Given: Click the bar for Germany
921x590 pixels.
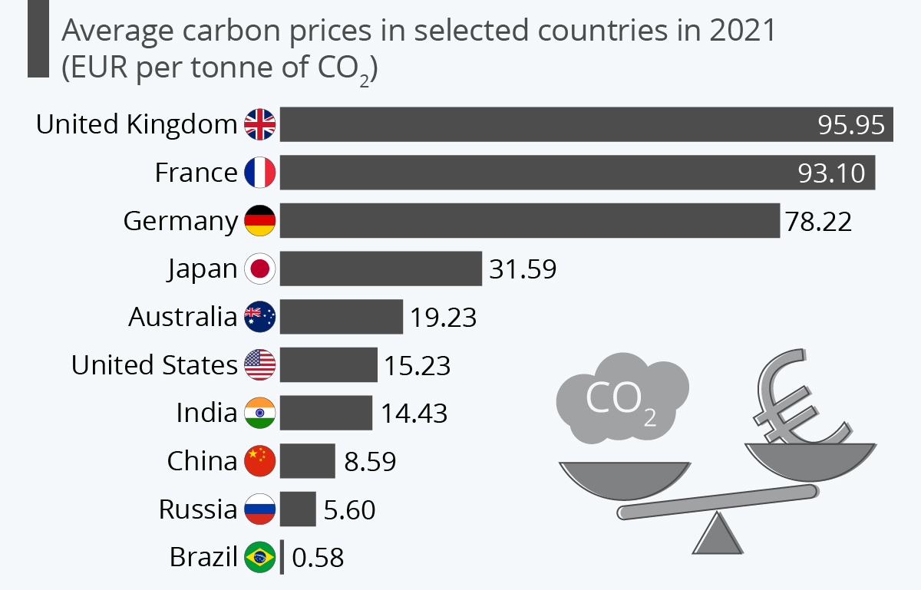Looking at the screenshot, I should pos(530,221).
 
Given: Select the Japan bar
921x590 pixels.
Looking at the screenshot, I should pos(381,269).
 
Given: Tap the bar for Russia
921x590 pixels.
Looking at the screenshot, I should pos(298,509).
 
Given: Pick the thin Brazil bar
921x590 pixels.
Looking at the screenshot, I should pos(282,557).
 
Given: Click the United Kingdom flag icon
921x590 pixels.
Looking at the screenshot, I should pos(259,125).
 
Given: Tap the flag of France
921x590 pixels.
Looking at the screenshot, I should pos(259,173).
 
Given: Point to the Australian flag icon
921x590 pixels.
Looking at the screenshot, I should pos(259,317).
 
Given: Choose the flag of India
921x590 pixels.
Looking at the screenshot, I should pos(259,413).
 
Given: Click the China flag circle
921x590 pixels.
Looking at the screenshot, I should pos(259,461).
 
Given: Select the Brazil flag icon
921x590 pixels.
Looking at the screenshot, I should pos(259,557).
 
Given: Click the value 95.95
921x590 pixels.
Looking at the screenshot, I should pos(851,125).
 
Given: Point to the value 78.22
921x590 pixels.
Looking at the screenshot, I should pos(818,222).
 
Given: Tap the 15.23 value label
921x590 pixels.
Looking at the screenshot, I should pos(418,365).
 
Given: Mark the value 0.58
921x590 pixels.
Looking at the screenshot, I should pos(318,558).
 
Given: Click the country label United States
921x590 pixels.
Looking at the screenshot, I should pos(154,365).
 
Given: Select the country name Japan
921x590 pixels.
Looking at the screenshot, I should pos(203,269).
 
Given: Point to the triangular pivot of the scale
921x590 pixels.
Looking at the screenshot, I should pos(719,535).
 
